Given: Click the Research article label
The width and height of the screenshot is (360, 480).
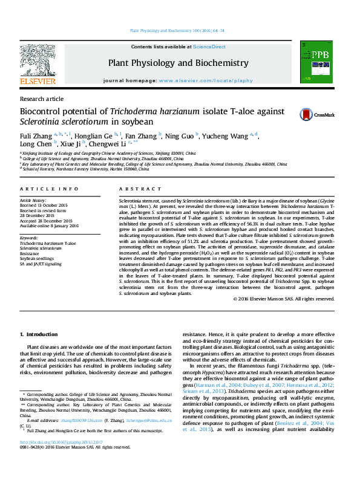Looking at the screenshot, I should (41, 98).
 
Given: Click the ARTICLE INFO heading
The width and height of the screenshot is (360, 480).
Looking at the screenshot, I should (49, 189).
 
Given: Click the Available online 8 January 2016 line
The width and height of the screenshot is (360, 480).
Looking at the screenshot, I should (50, 226).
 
